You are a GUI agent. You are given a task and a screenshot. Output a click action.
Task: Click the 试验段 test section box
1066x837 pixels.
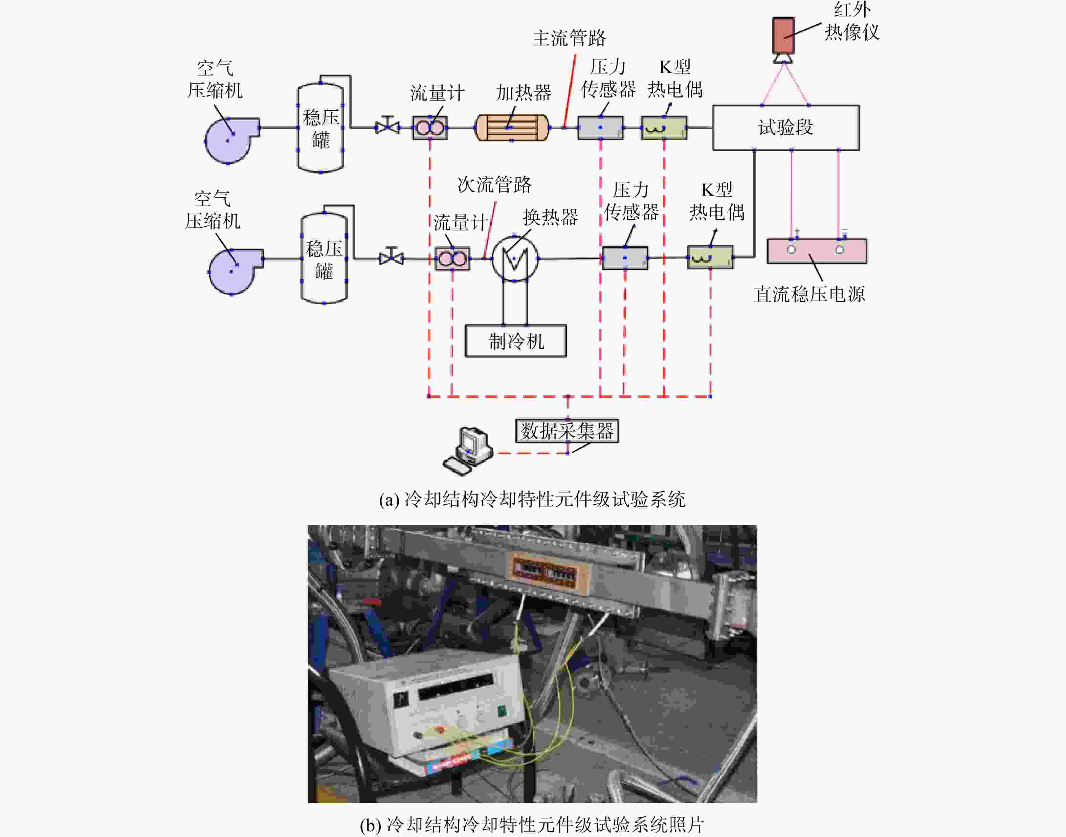tap(786, 127)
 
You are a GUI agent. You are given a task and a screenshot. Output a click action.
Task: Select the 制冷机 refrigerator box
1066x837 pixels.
tap(516, 340)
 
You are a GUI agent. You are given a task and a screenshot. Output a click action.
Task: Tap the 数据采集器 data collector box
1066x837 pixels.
tap(567, 431)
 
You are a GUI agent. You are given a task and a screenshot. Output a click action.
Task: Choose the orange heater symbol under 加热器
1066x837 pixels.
tap(512, 127)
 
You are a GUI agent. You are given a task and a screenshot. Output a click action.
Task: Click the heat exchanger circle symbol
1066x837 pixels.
tap(515, 258)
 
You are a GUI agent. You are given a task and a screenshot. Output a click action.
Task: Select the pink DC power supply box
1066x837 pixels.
tap(817, 251)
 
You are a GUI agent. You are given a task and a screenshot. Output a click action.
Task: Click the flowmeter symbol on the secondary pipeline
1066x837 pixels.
tap(453, 258)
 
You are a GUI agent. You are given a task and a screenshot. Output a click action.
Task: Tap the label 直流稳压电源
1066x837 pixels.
tap(809, 294)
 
